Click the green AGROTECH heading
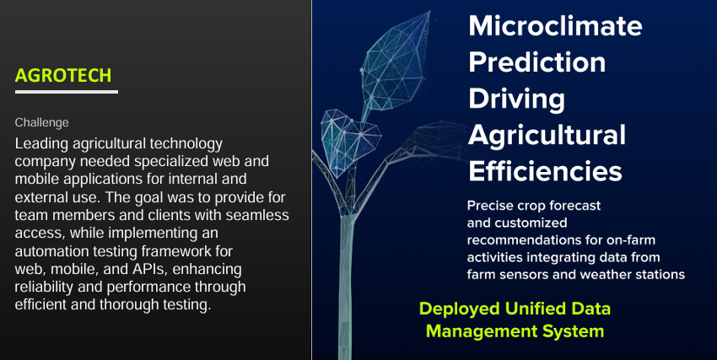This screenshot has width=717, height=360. (x=63, y=75)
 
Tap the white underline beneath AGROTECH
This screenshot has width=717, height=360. (x=67, y=92)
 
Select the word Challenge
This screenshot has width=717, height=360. (x=41, y=123)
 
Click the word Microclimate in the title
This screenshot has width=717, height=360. (x=555, y=25)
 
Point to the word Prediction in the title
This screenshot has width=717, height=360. (x=536, y=62)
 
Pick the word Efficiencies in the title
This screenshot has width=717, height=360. (x=545, y=171)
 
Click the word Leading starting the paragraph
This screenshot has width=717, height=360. (x=41, y=144)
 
